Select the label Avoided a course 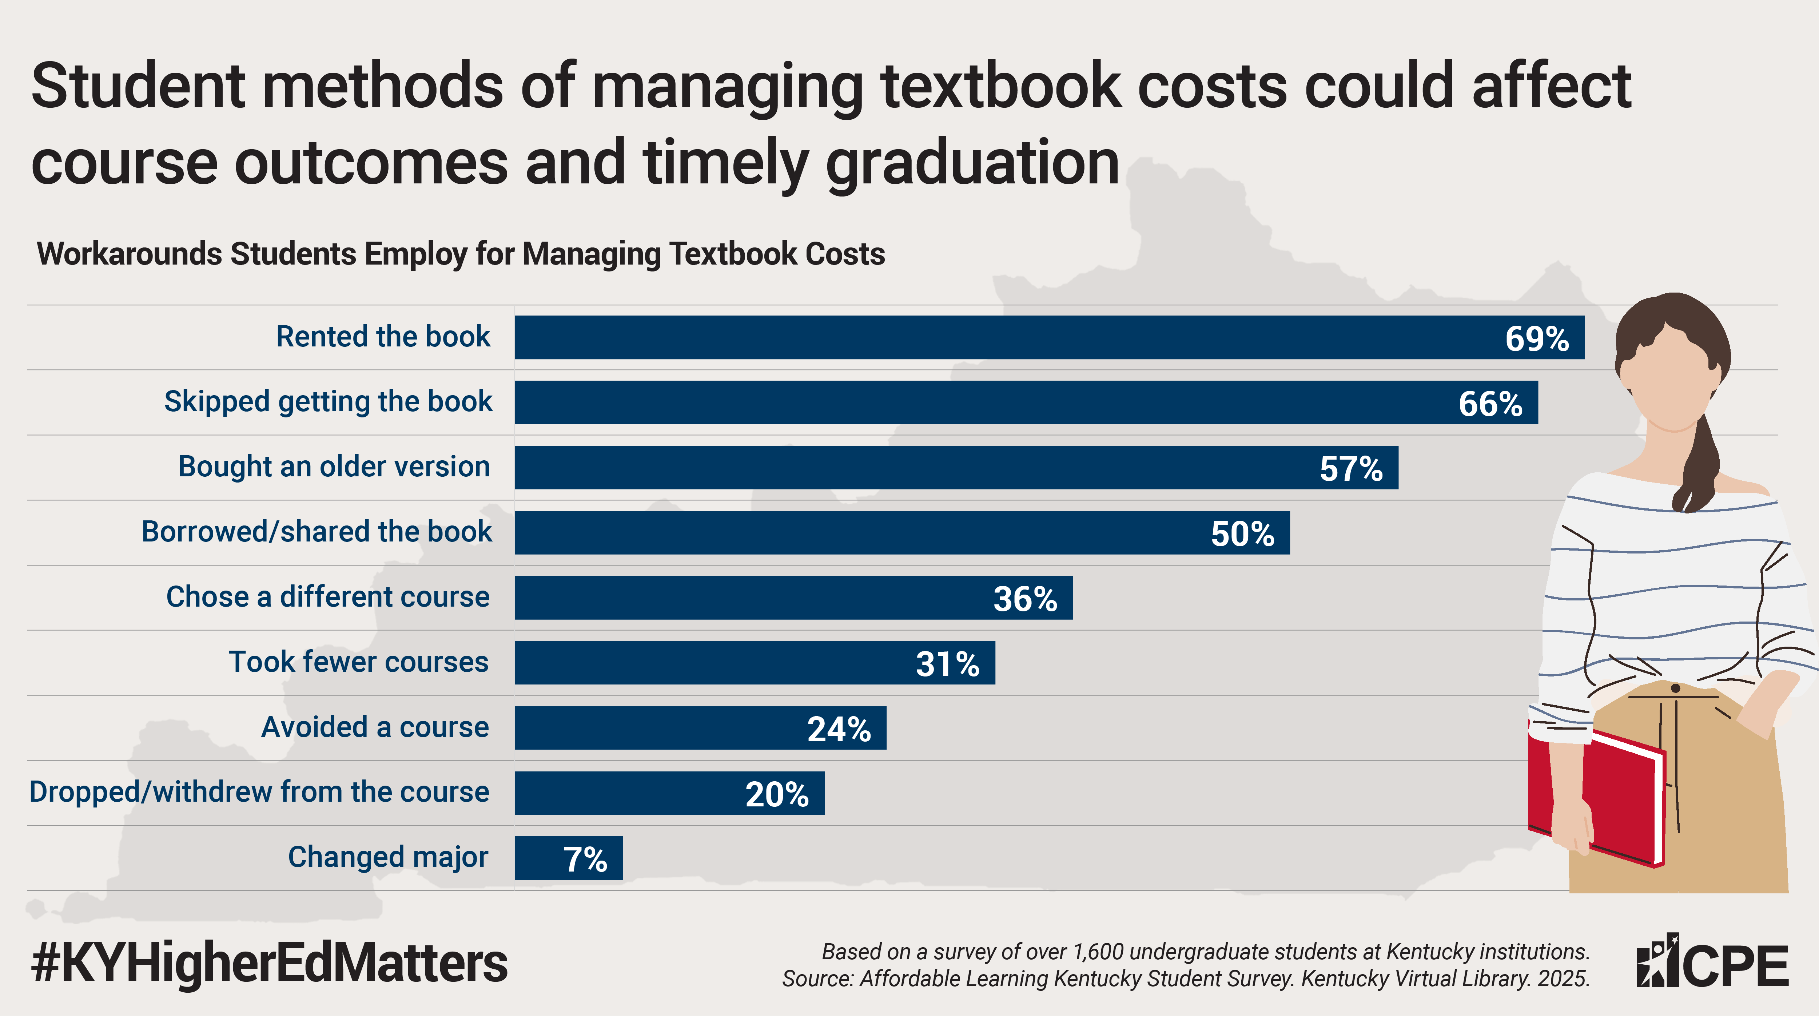[x=375, y=727]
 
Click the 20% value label [x=777, y=794]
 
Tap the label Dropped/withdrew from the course [x=259, y=792]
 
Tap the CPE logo [x=1712, y=962]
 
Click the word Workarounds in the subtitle [x=129, y=254]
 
